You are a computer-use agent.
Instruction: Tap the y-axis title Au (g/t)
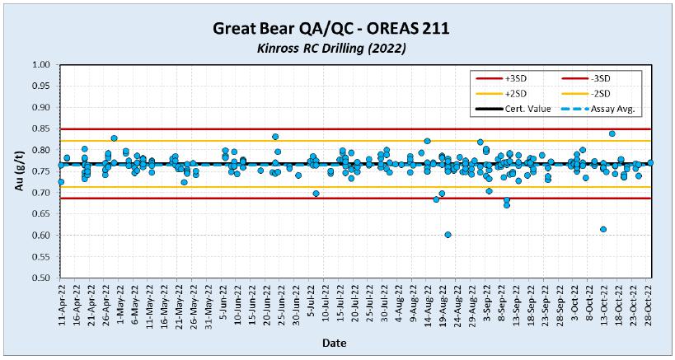[19, 171]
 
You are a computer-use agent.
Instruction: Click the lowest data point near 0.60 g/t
[448, 235]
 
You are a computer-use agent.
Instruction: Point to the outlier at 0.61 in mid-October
[603, 229]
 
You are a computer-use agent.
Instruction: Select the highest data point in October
[612, 133]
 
